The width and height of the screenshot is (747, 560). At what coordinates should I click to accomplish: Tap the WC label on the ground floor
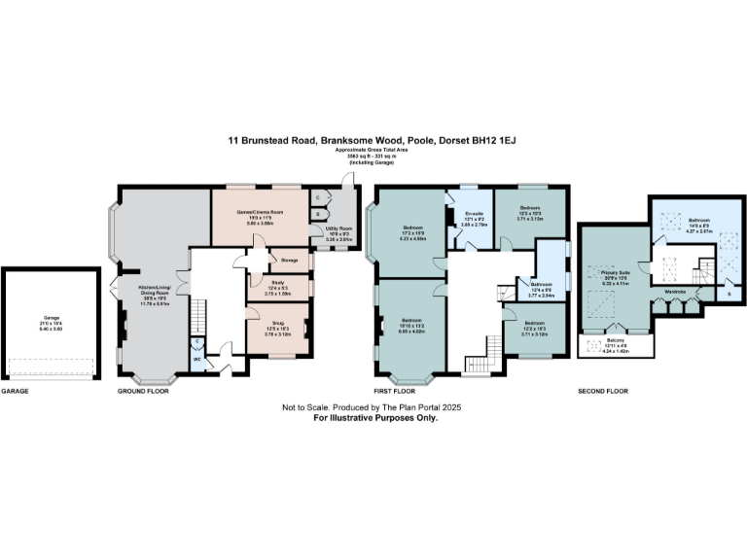[196, 360]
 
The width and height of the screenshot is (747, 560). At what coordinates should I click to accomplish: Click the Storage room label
[288, 260]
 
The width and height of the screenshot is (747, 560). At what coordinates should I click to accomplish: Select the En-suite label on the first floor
[475, 213]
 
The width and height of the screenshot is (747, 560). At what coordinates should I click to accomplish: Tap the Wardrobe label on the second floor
[677, 291]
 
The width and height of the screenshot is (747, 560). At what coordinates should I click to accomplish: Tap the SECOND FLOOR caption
[603, 391]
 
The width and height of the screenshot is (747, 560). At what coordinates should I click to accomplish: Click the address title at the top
[374, 141]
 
